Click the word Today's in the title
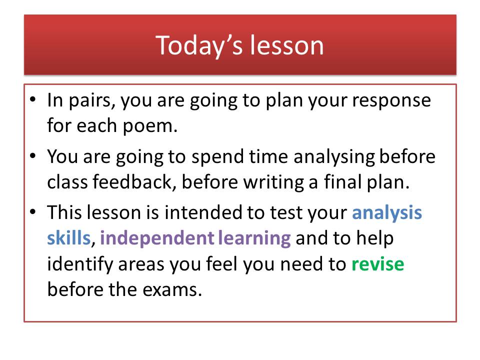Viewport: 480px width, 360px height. coord(199,45)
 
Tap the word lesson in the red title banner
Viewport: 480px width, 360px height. coord(286,45)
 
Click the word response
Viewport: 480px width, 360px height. coord(391,100)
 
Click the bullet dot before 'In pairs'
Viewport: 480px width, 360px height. coord(33,99)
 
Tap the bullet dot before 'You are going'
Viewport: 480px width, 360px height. coord(33,156)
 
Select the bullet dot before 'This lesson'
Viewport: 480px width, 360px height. coord(33,211)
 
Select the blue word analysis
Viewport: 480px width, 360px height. coord(387,213)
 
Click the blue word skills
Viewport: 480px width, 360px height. coord(68,238)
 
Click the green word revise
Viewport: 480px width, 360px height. coord(378,264)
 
